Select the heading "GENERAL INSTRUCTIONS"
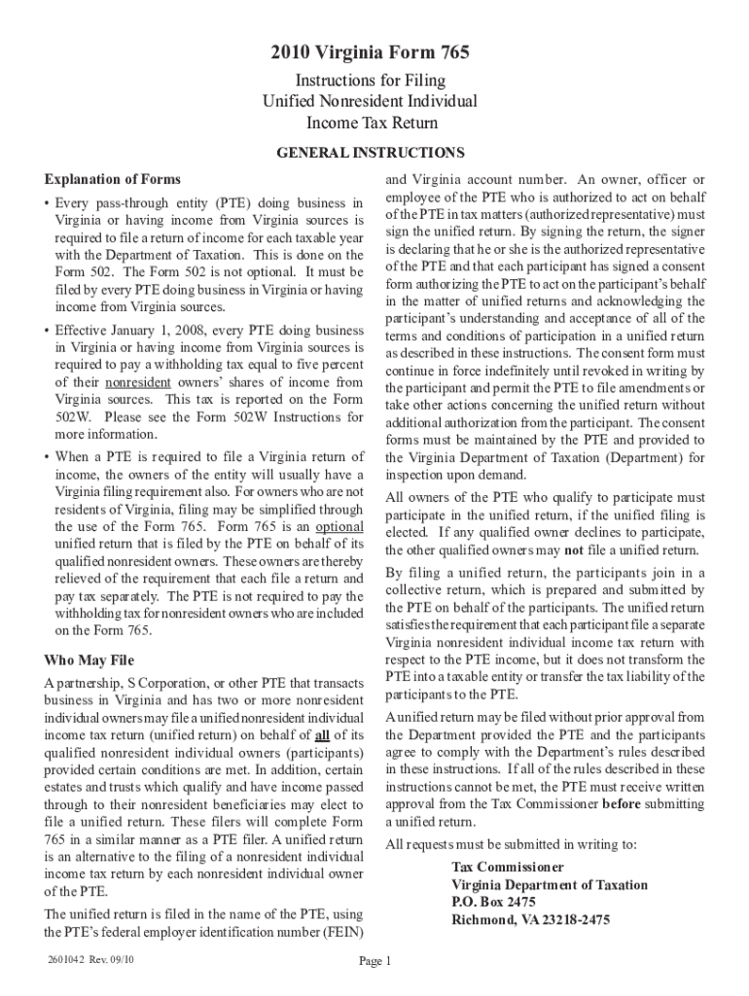[x=371, y=153]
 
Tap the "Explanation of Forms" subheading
[x=112, y=180]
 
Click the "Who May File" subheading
[x=89, y=661]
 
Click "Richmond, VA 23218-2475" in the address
[x=530, y=919]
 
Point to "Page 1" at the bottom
[x=374, y=962]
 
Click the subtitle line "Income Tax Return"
[x=373, y=124]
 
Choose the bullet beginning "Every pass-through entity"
[x=48, y=203]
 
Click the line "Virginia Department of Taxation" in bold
[x=549, y=884]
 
